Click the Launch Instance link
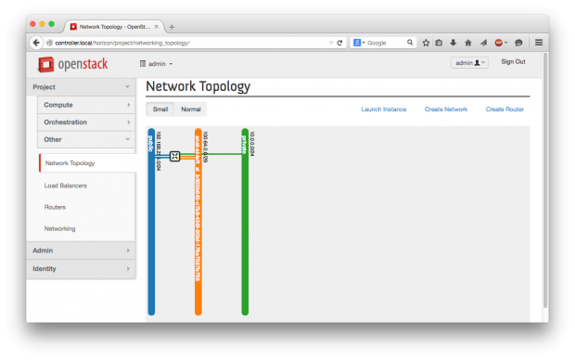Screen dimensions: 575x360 click(383, 109)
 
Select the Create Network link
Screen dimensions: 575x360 click(445, 109)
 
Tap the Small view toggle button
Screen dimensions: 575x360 click(160, 109)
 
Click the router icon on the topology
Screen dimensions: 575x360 click(174, 156)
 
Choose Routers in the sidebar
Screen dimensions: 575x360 click(55, 207)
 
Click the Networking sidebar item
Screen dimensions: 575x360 click(60, 228)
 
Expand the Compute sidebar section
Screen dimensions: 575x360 click(85, 105)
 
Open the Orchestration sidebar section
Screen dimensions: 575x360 click(85, 122)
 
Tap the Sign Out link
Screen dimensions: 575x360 click(513, 62)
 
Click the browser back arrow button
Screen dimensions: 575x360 click(37, 43)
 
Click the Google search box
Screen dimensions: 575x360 click(385, 43)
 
